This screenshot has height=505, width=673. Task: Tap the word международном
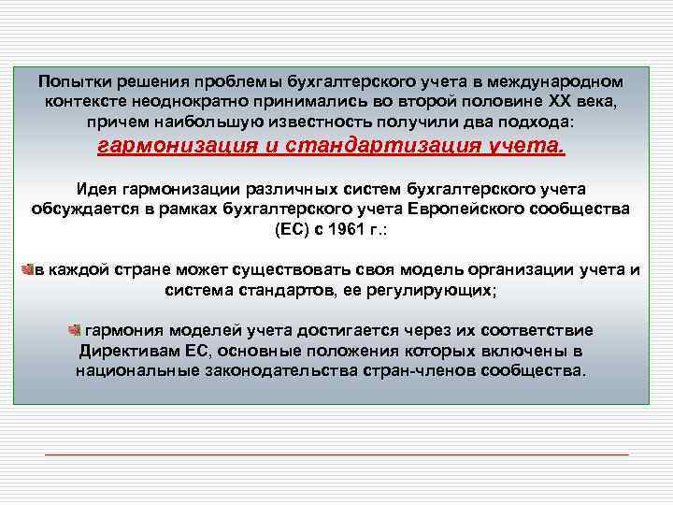557,80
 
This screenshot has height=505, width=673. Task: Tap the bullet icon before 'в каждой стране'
28,269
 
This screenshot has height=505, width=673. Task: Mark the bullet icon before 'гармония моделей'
74,330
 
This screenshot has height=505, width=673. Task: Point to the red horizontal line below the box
336,454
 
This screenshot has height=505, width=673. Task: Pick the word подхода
542,122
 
